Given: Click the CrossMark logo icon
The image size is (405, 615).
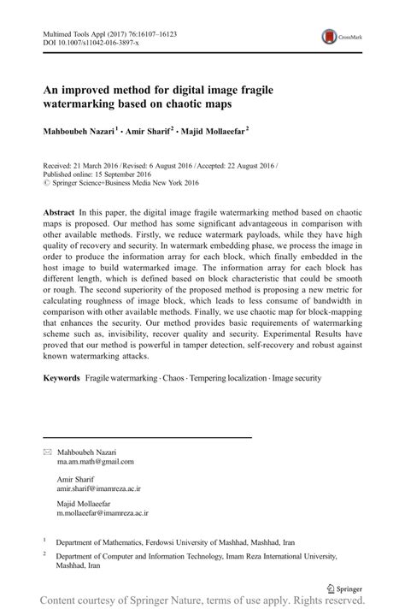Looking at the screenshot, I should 328,37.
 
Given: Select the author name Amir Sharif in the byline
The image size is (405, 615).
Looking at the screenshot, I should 150,133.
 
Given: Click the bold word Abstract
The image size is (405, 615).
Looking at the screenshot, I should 59,210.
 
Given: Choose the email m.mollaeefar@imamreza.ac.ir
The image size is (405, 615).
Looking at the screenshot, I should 102,514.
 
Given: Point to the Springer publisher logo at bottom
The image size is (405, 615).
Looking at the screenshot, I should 344,589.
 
